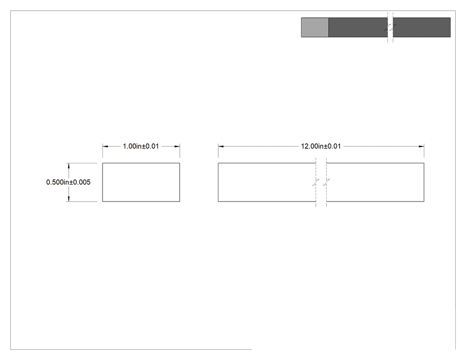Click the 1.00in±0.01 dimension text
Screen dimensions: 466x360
point(141,146)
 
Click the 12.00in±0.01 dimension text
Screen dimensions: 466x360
point(321,146)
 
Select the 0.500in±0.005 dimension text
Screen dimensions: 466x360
point(68,182)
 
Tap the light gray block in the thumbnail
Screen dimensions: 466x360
point(315,28)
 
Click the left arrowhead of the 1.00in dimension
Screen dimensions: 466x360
point(105,146)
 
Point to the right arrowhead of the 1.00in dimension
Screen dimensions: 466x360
point(177,146)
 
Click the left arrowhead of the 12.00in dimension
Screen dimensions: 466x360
point(221,146)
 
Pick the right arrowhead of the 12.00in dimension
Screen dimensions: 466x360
point(422,146)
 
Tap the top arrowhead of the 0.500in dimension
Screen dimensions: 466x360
point(69,166)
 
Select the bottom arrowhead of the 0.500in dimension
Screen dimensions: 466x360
point(69,199)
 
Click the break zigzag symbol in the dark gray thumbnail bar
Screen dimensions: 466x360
point(390,28)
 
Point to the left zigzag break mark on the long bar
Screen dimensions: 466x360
point(316,182)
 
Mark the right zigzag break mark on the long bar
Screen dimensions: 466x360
point(326,182)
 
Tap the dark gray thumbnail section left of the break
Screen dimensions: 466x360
point(358,28)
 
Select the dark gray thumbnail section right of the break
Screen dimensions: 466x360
point(422,28)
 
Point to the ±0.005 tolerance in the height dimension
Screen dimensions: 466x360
point(80,182)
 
